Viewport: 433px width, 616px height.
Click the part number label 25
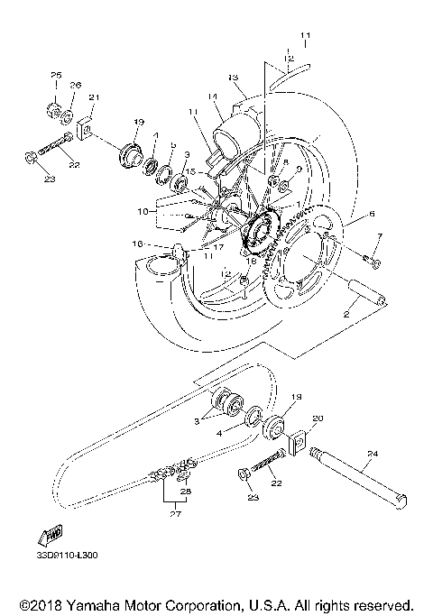pyautogui.click(x=54, y=74)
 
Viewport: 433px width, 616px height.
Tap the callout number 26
pyautogui.click(x=76, y=86)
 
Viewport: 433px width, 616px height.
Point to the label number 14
pyautogui.click(x=212, y=97)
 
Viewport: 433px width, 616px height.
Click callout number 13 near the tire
pyautogui.click(x=233, y=78)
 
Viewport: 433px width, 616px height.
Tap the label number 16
pyautogui.click(x=138, y=244)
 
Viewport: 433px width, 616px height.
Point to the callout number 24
pyautogui.click(x=372, y=455)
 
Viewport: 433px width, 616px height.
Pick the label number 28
pyautogui.click(x=187, y=492)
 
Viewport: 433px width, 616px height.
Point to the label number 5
pyautogui.click(x=173, y=145)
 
